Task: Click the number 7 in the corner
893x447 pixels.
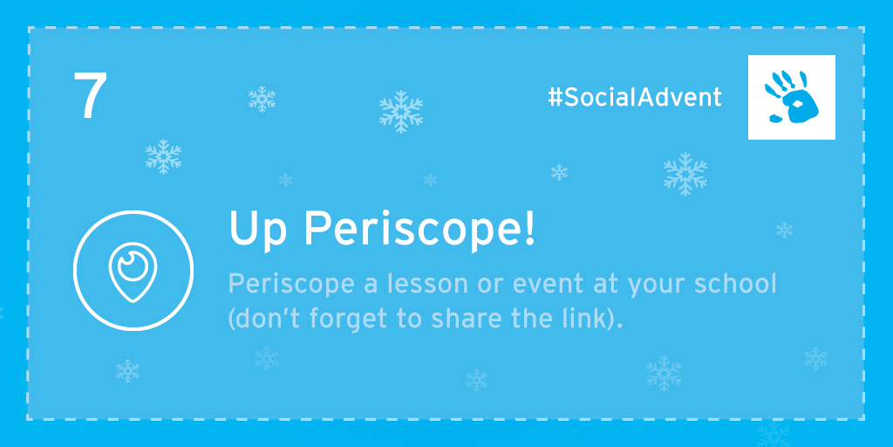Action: click(90, 96)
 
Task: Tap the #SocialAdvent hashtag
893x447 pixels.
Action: click(635, 98)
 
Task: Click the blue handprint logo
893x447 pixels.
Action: click(792, 97)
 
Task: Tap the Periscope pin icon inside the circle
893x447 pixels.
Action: click(133, 272)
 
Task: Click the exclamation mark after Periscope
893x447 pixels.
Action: click(529, 227)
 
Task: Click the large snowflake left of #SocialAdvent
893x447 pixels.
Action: click(401, 112)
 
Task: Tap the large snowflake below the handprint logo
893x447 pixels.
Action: click(685, 174)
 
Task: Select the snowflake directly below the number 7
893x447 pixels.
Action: click(163, 156)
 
